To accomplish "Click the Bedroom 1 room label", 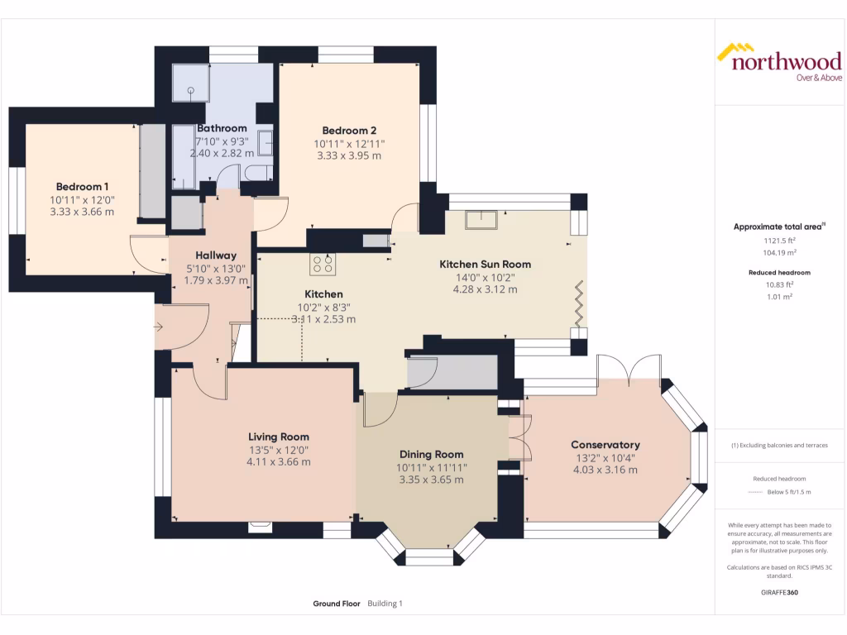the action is click(x=82, y=187).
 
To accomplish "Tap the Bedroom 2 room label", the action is click(x=349, y=131).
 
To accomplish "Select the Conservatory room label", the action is click(x=605, y=445).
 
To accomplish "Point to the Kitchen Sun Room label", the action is click(x=485, y=265).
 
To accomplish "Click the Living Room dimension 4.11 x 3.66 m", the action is click(x=279, y=462).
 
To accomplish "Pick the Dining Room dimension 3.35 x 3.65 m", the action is click(x=432, y=480).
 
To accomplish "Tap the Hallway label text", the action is click(x=216, y=256).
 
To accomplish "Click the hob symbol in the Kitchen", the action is click(x=323, y=264).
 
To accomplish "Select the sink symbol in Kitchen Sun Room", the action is click(x=481, y=220).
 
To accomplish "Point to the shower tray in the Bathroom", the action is click(x=191, y=84).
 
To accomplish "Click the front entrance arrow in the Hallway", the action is click(x=158, y=327).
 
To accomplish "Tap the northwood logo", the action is click(x=779, y=62).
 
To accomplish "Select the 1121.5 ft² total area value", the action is click(x=779, y=241).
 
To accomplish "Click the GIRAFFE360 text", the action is click(x=779, y=592).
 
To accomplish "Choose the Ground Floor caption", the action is click(x=337, y=604).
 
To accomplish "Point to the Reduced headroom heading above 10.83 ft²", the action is click(x=779, y=273).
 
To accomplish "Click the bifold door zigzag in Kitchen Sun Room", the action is click(x=579, y=304).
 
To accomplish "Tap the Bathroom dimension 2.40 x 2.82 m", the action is click(x=222, y=153).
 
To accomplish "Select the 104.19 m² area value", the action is click(x=779, y=253).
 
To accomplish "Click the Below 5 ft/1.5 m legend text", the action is click(x=789, y=492).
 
